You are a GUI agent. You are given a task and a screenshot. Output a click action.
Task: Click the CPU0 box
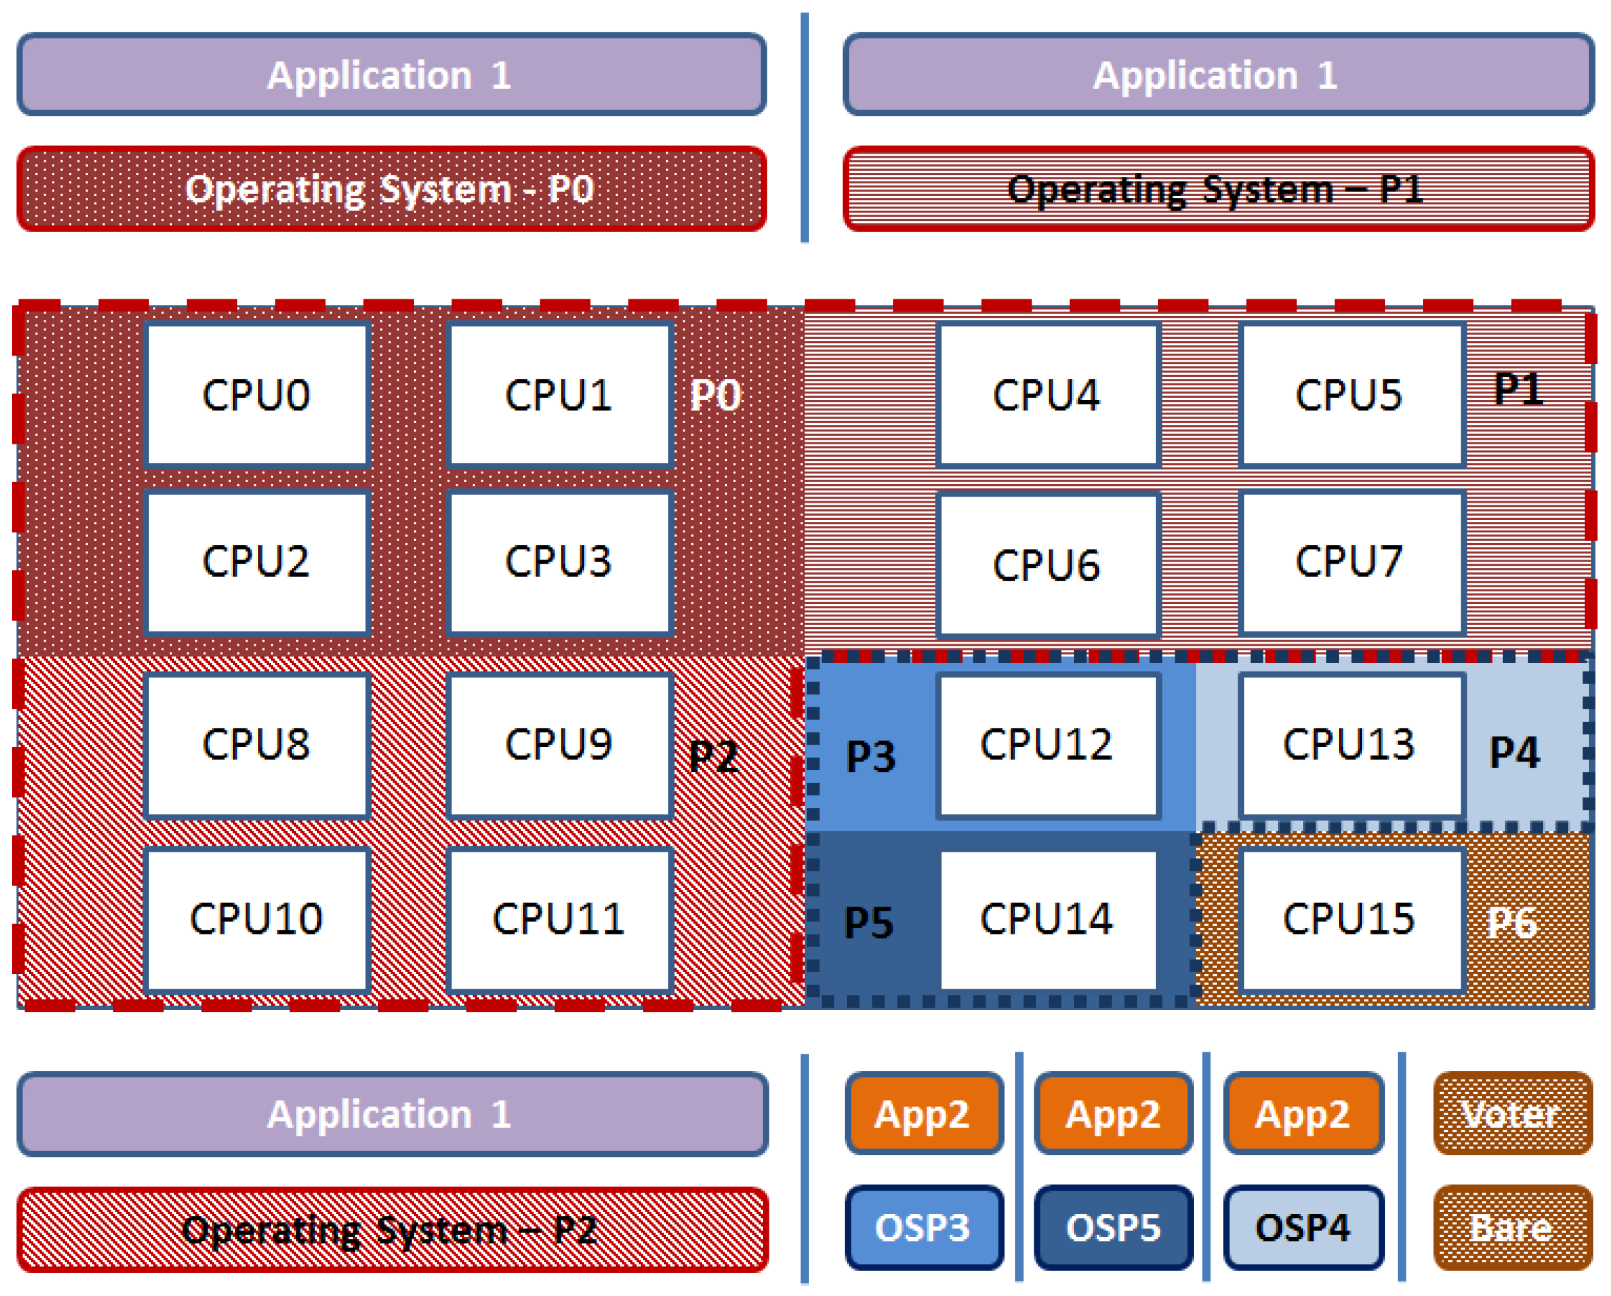257,395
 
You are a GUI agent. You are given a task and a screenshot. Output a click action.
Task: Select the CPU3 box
560,562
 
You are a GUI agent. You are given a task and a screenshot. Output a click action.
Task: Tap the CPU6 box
1048,564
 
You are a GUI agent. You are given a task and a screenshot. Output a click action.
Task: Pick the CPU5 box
1351,395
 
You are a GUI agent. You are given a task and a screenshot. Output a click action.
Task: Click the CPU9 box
560,745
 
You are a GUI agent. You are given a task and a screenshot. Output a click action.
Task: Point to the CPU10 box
257,919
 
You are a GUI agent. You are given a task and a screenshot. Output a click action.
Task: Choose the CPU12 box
1048,745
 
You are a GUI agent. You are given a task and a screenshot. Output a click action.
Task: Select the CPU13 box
1351,745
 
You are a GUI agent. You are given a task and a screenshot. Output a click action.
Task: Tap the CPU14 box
1048,919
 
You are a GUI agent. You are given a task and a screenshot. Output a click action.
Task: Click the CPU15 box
1351,919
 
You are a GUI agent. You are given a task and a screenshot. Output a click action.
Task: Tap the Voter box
1512,1114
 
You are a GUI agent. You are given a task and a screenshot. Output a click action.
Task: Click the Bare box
1512,1227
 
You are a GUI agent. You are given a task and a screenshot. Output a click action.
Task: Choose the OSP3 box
924,1227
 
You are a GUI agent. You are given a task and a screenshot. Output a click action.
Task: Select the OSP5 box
1113,1227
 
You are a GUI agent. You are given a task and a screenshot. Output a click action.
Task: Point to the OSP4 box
1303,1227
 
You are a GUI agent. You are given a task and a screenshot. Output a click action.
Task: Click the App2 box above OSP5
1113,1114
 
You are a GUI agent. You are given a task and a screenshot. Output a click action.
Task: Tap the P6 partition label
1512,923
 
